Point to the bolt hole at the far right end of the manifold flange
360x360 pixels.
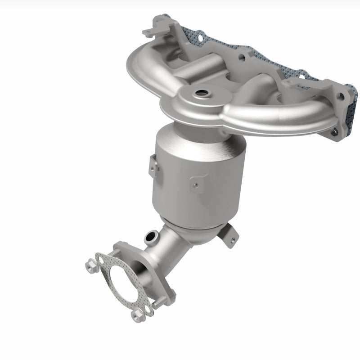345,96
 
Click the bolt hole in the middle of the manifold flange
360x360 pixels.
243,57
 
